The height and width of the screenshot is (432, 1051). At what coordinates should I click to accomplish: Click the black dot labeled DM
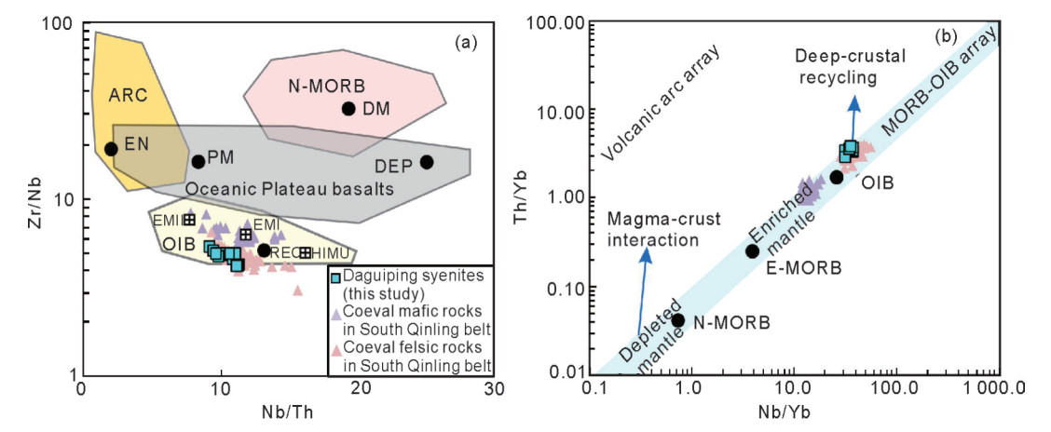[349, 108]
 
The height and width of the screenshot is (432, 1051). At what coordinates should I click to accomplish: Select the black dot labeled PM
[198, 162]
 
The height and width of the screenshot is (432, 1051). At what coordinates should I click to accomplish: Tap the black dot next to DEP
[427, 162]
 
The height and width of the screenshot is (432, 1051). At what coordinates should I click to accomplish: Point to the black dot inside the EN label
[111, 149]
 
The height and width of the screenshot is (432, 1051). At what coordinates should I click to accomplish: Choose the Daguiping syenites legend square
[338, 277]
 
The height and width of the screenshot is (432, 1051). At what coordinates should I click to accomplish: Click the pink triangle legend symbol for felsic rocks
[338, 350]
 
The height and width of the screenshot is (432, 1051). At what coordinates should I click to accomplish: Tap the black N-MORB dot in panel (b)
[678, 320]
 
